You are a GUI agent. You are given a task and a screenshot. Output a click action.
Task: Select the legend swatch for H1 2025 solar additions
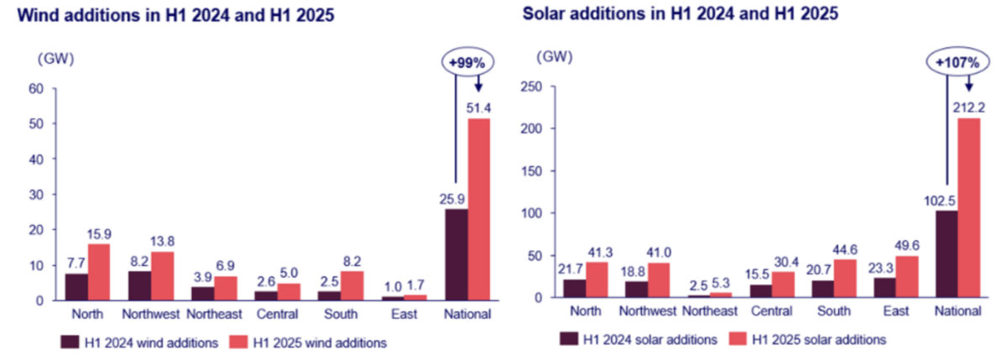[738, 339]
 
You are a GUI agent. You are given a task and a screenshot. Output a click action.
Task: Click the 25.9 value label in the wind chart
[456, 198]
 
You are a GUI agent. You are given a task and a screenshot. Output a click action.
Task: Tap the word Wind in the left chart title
[31, 15]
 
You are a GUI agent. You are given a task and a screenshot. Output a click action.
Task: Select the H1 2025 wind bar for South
[352, 284]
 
